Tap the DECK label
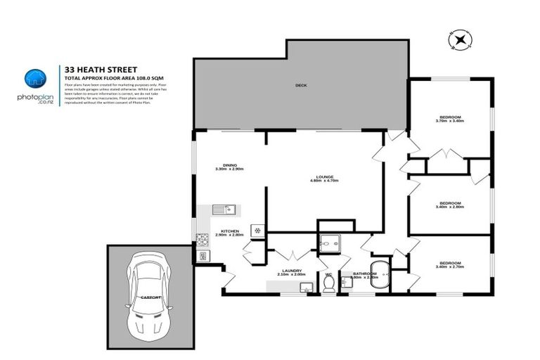click(301, 86)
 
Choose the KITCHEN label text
click(231, 231)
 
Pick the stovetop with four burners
click(203, 237)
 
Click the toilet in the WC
click(328, 283)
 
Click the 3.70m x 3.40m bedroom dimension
click(450, 121)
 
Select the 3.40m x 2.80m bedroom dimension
click(450, 207)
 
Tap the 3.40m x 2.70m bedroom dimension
click(450, 266)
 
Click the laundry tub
click(306, 287)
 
